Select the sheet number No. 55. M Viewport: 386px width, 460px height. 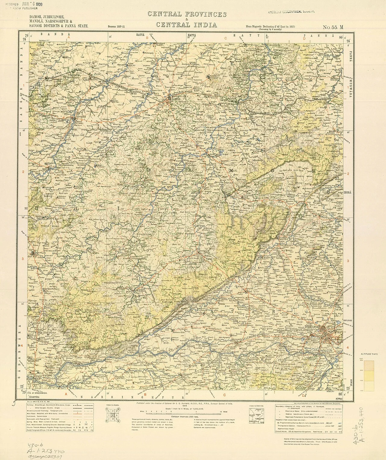(x=333, y=27)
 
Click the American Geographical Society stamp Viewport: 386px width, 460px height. (x=289, y=11)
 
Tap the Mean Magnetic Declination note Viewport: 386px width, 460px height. (x=270, y=27)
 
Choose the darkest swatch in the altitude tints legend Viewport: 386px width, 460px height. (x=369, y=365)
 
